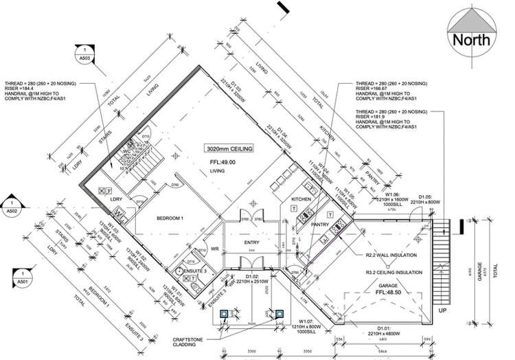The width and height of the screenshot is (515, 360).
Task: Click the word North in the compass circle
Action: point(471,39)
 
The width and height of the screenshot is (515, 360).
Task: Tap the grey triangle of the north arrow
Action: point(471,19)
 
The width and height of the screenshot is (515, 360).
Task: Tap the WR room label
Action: point(214,249)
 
